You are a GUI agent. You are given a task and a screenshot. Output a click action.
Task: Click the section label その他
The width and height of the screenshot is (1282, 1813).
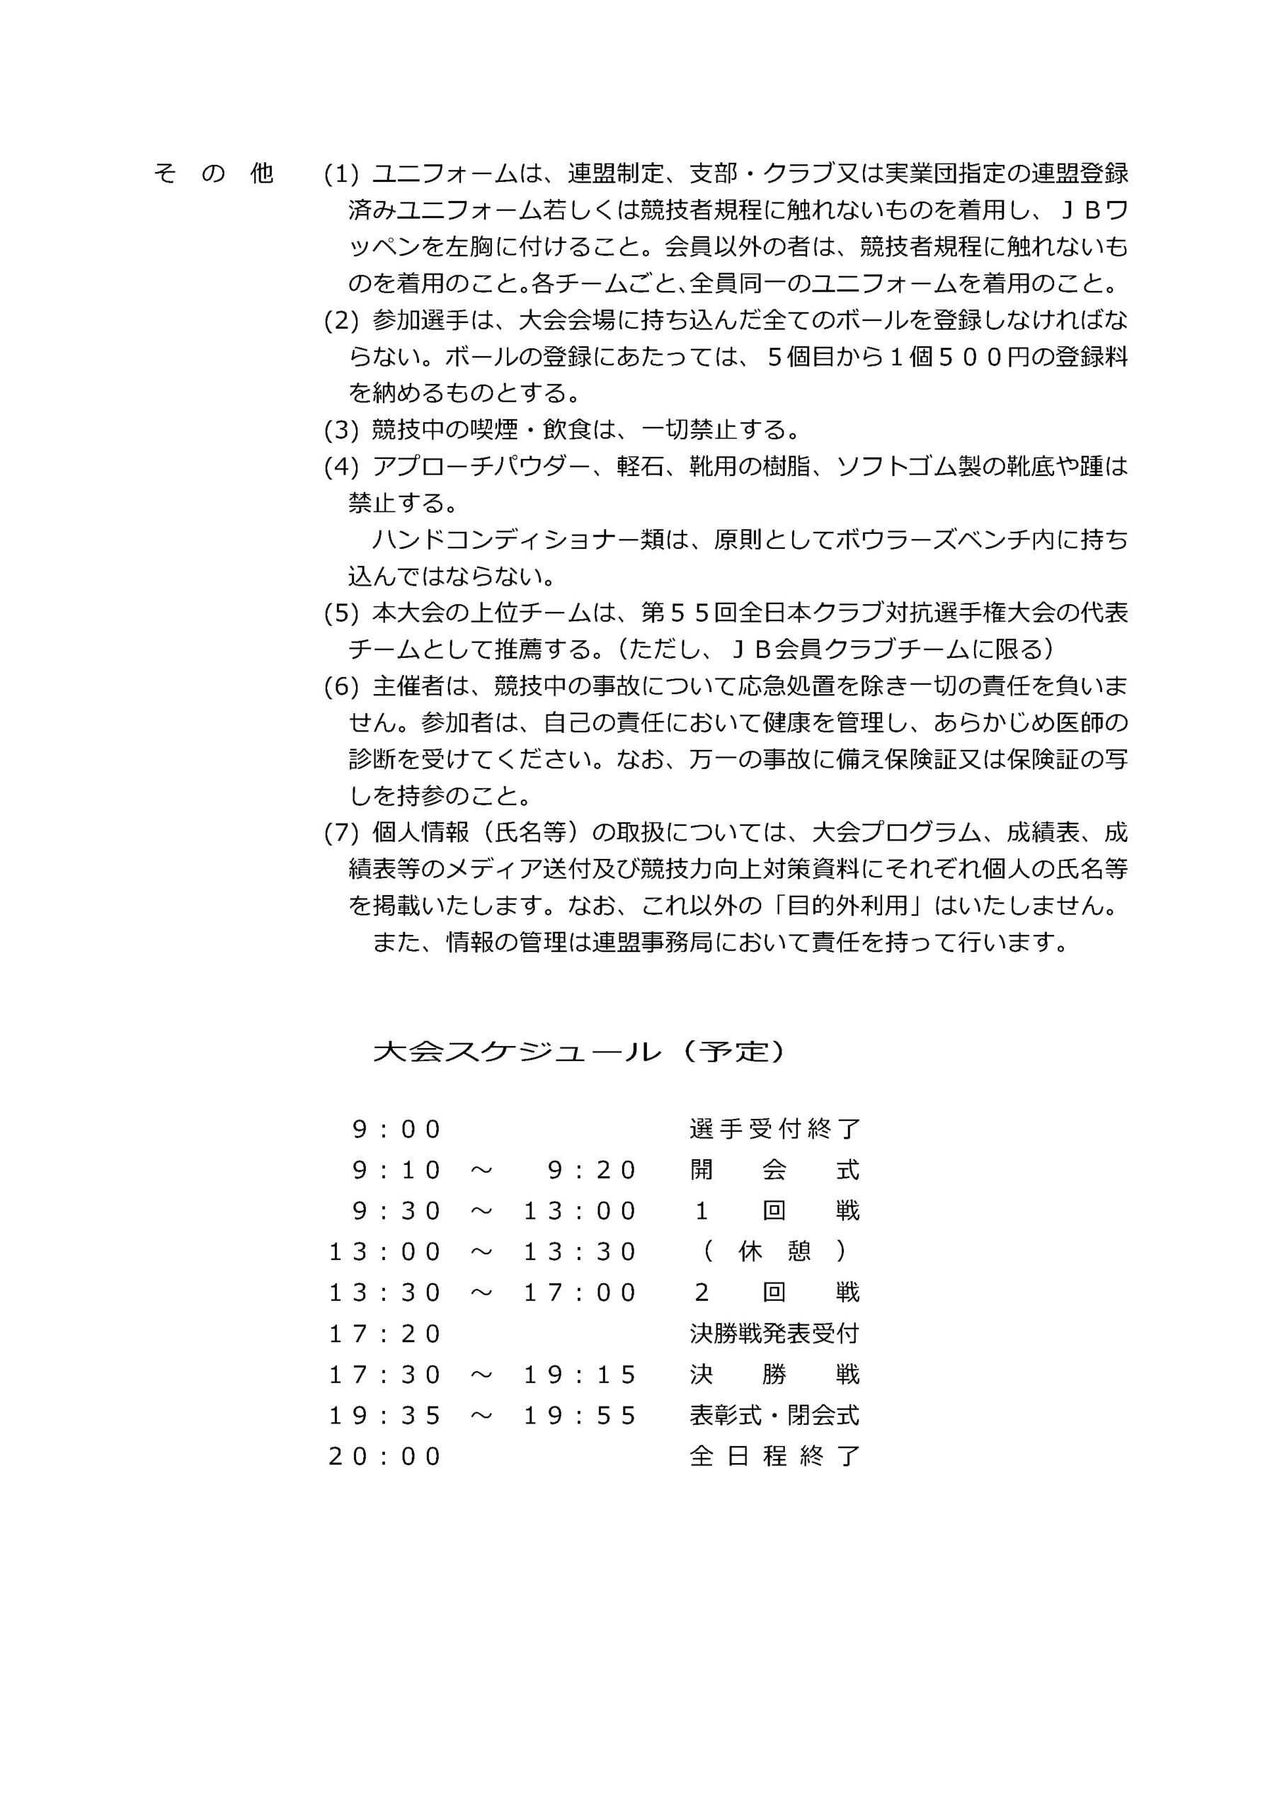pos(213,173)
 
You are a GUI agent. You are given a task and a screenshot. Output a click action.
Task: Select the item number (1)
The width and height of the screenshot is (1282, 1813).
pos(341,173)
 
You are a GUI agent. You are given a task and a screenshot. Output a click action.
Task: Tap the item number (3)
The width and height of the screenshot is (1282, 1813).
pos(341,431)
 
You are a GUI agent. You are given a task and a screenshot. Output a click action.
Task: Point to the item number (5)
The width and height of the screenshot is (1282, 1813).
pos(341,613)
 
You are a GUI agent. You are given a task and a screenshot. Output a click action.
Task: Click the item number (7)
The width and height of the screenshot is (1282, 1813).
pos(341,832)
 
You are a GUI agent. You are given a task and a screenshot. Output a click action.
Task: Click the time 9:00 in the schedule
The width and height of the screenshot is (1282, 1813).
pos(396,1129)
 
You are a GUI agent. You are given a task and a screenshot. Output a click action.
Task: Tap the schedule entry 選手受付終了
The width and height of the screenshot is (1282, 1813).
pos(774,1129)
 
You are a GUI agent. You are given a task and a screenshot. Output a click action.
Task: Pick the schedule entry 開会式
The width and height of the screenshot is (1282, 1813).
pos(774,1170)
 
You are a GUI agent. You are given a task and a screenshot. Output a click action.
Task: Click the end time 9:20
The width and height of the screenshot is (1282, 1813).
pos(591,1170)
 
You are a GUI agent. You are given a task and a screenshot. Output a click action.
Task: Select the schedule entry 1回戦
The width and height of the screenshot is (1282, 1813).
pos(774,1211)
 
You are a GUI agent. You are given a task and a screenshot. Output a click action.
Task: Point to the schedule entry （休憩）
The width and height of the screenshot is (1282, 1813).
pos(774,1251)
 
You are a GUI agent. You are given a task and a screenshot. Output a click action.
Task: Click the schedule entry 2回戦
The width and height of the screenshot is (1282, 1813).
pos(774,1292)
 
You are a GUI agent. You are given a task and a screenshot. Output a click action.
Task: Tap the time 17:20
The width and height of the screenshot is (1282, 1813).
pos(384,1334)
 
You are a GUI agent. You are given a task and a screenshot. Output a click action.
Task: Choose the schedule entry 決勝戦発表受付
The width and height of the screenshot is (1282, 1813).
pos(774,1334)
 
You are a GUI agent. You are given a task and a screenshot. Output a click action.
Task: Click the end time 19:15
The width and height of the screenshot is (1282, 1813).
pos(580,1375)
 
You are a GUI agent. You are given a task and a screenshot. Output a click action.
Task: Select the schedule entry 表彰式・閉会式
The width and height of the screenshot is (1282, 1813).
pos(774,1416)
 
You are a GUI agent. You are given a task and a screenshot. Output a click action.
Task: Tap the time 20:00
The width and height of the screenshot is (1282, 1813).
pos(384,1457)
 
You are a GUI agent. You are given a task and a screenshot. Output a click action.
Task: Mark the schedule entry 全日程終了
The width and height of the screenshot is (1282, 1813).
pos(774,1457)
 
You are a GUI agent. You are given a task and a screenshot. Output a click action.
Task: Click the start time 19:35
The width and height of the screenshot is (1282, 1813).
pos(384,1416)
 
